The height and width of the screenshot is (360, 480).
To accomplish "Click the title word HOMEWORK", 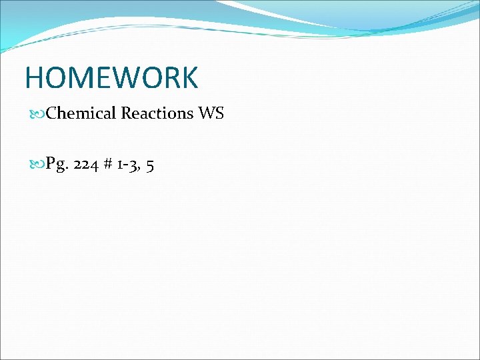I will (x=111, y=78).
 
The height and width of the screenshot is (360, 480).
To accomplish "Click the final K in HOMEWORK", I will (x=189, y=78).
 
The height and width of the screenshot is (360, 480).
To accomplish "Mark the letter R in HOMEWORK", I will (x=171, y=78).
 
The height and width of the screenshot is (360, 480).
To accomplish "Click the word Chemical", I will (x=82, y=113).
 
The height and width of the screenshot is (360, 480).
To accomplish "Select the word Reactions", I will (x=157, y=113).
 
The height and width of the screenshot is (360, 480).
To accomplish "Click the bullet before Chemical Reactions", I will (x=39, y=114).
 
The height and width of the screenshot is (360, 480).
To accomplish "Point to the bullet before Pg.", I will (x=39, y=164).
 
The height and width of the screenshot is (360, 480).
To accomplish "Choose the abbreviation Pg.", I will (x=56, y=165).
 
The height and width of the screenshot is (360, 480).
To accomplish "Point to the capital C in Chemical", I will (x=53, y=113).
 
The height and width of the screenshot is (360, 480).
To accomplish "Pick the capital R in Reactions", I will (x=126, y=113).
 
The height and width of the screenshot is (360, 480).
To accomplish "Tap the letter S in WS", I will (x=219, y=113).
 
